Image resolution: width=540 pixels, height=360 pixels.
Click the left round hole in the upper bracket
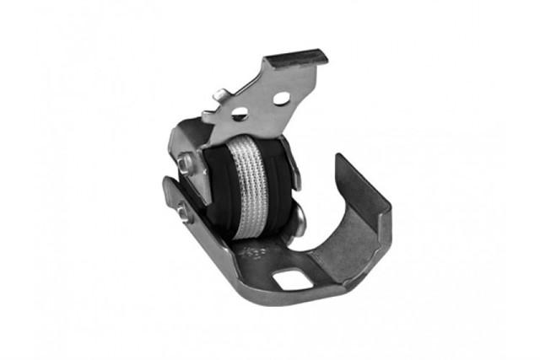(x=239, y=113)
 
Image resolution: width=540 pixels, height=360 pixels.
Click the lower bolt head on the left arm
(x=181, y=214)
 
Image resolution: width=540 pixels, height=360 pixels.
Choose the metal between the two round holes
(x=259, y=105)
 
